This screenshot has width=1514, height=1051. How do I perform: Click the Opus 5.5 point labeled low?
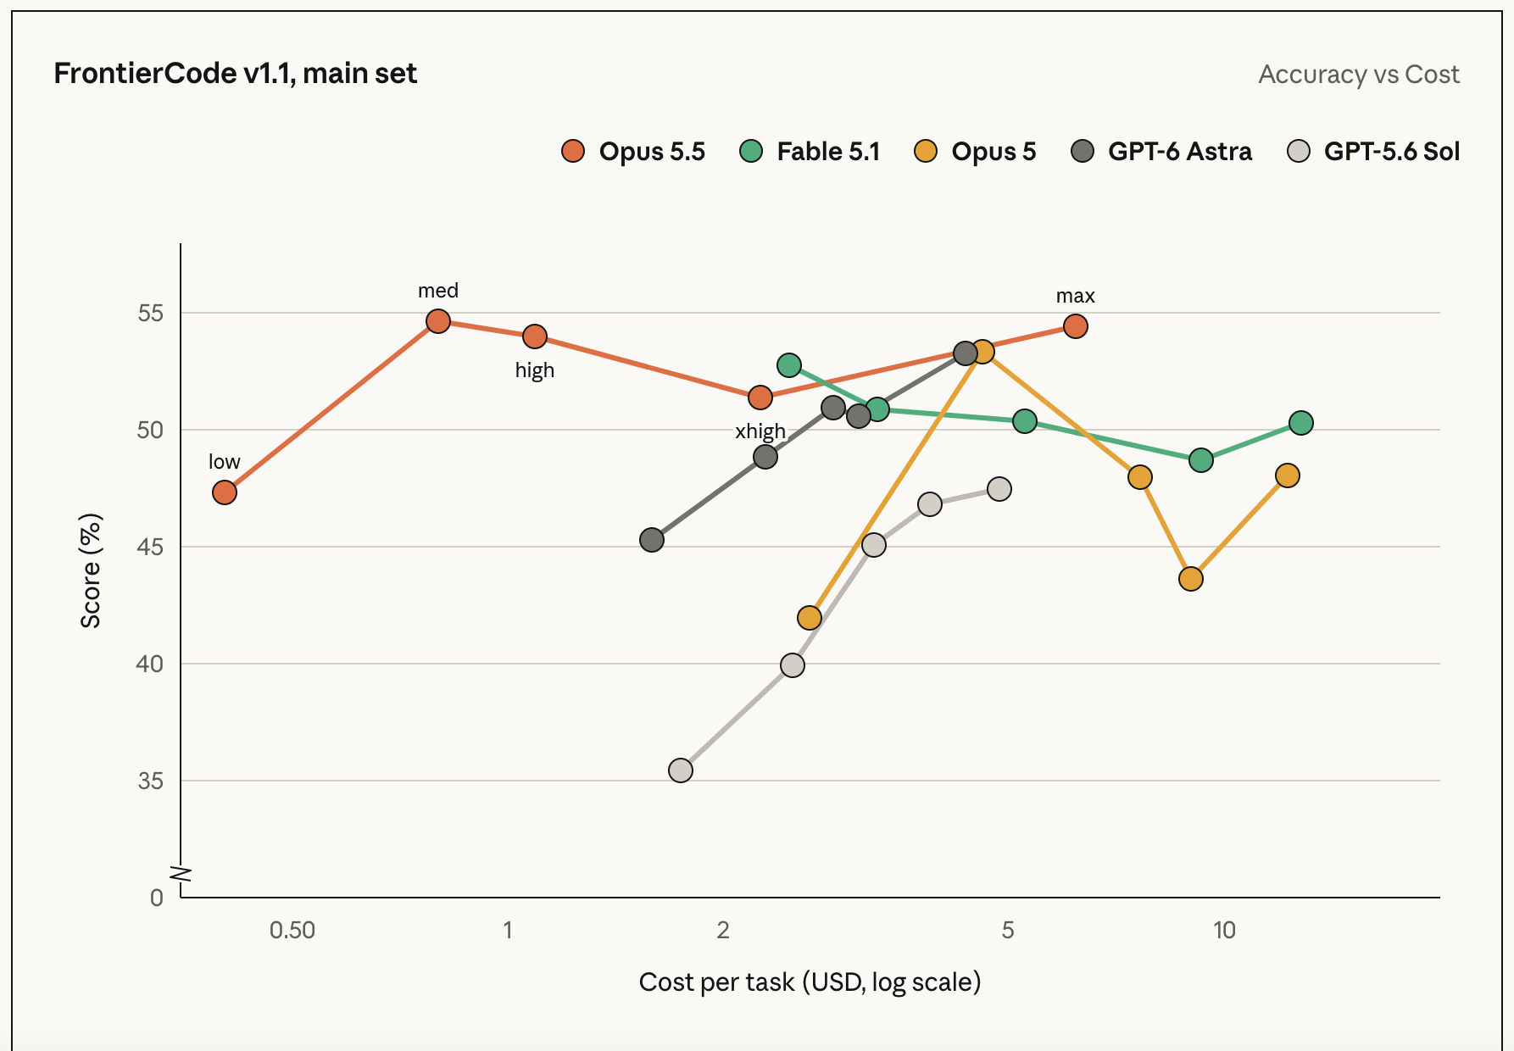pos(225,492)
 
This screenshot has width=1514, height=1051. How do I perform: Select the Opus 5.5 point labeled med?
pos(438,321)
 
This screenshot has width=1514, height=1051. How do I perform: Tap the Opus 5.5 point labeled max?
pos(1076,326)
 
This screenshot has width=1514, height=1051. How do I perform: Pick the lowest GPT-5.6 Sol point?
pos(681,770)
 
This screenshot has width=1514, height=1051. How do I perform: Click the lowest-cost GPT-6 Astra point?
pos(652,540)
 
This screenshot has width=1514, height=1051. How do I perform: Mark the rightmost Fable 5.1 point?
pos(1301,423)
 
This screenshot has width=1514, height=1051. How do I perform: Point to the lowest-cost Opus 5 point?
pos(810,618)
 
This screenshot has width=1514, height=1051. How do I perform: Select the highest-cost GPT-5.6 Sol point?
pos(999,489)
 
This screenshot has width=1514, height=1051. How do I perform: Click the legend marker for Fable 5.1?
pos(751,151)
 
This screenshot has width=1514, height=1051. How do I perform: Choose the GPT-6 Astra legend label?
pos(1180,151)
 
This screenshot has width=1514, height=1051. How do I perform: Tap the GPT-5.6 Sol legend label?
pos(1392,151)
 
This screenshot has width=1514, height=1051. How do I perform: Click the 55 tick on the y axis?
pos(151,314)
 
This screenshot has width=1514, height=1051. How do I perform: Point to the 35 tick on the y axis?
pos(151,781)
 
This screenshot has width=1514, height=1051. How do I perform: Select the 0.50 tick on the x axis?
pos(292,931)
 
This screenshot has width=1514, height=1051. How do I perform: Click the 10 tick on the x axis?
pos(1224,931)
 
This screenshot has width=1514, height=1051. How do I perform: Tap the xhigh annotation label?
pos(760,431)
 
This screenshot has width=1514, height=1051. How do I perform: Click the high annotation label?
pos(535,370)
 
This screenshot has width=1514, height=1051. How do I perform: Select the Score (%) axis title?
pos(91,570)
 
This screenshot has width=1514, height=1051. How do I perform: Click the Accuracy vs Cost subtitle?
pos(1359,75)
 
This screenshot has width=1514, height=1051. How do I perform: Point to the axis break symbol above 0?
pos(181,874)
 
